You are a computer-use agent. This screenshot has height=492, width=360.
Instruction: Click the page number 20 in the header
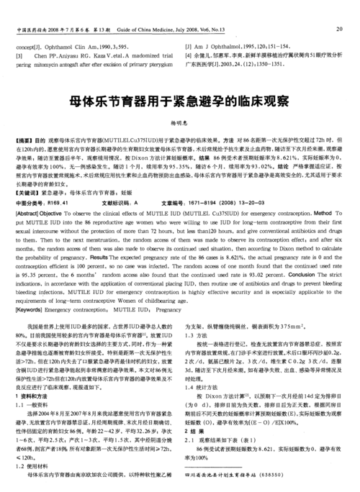(338, 29)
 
